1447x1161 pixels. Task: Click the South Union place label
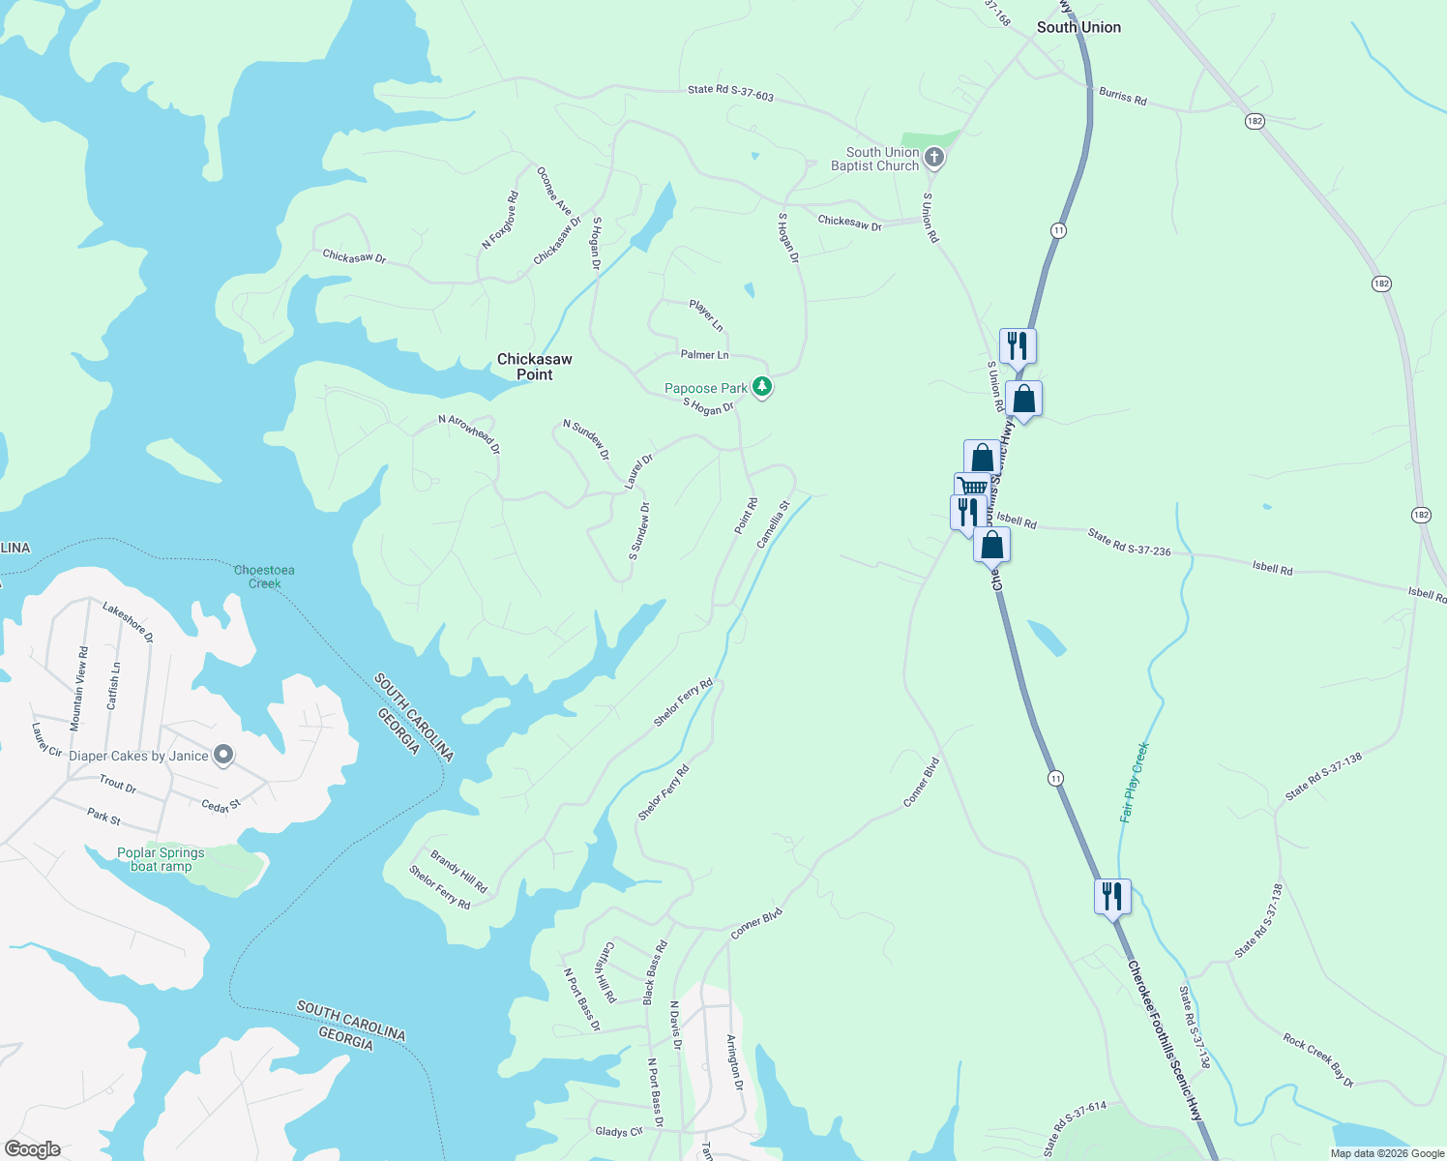tap(1078, 27)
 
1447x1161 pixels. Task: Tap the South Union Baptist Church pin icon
tap(933, 158)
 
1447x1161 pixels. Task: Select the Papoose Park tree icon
tap(762, 387)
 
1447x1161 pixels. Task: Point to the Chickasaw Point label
tap(535, 367)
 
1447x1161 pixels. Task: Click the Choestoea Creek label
tap(264, 577)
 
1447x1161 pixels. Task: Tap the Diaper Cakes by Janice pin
tap(223, 755)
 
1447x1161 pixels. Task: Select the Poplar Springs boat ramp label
tap(161, 859)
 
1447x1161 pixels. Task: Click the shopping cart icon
tap(971, 487)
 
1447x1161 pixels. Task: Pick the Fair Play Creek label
tap(1135, 782)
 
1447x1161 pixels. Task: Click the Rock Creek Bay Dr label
tap(1318, 1060)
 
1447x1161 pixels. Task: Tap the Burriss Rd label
tap(1122, 96)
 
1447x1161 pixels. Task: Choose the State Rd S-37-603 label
tap(730, 92)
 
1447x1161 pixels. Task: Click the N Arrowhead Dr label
tap(469, 433)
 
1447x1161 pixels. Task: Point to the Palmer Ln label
tap(704, 355)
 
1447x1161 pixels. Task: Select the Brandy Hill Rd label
tap(458, 872)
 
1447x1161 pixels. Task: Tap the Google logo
tap(32, 1149)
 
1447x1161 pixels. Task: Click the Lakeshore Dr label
tap(128, 623)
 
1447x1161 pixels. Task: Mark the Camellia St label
tap(773, 524)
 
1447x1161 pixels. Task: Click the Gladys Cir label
tap(619, 1131)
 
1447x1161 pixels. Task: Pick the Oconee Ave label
tap(554, 191)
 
